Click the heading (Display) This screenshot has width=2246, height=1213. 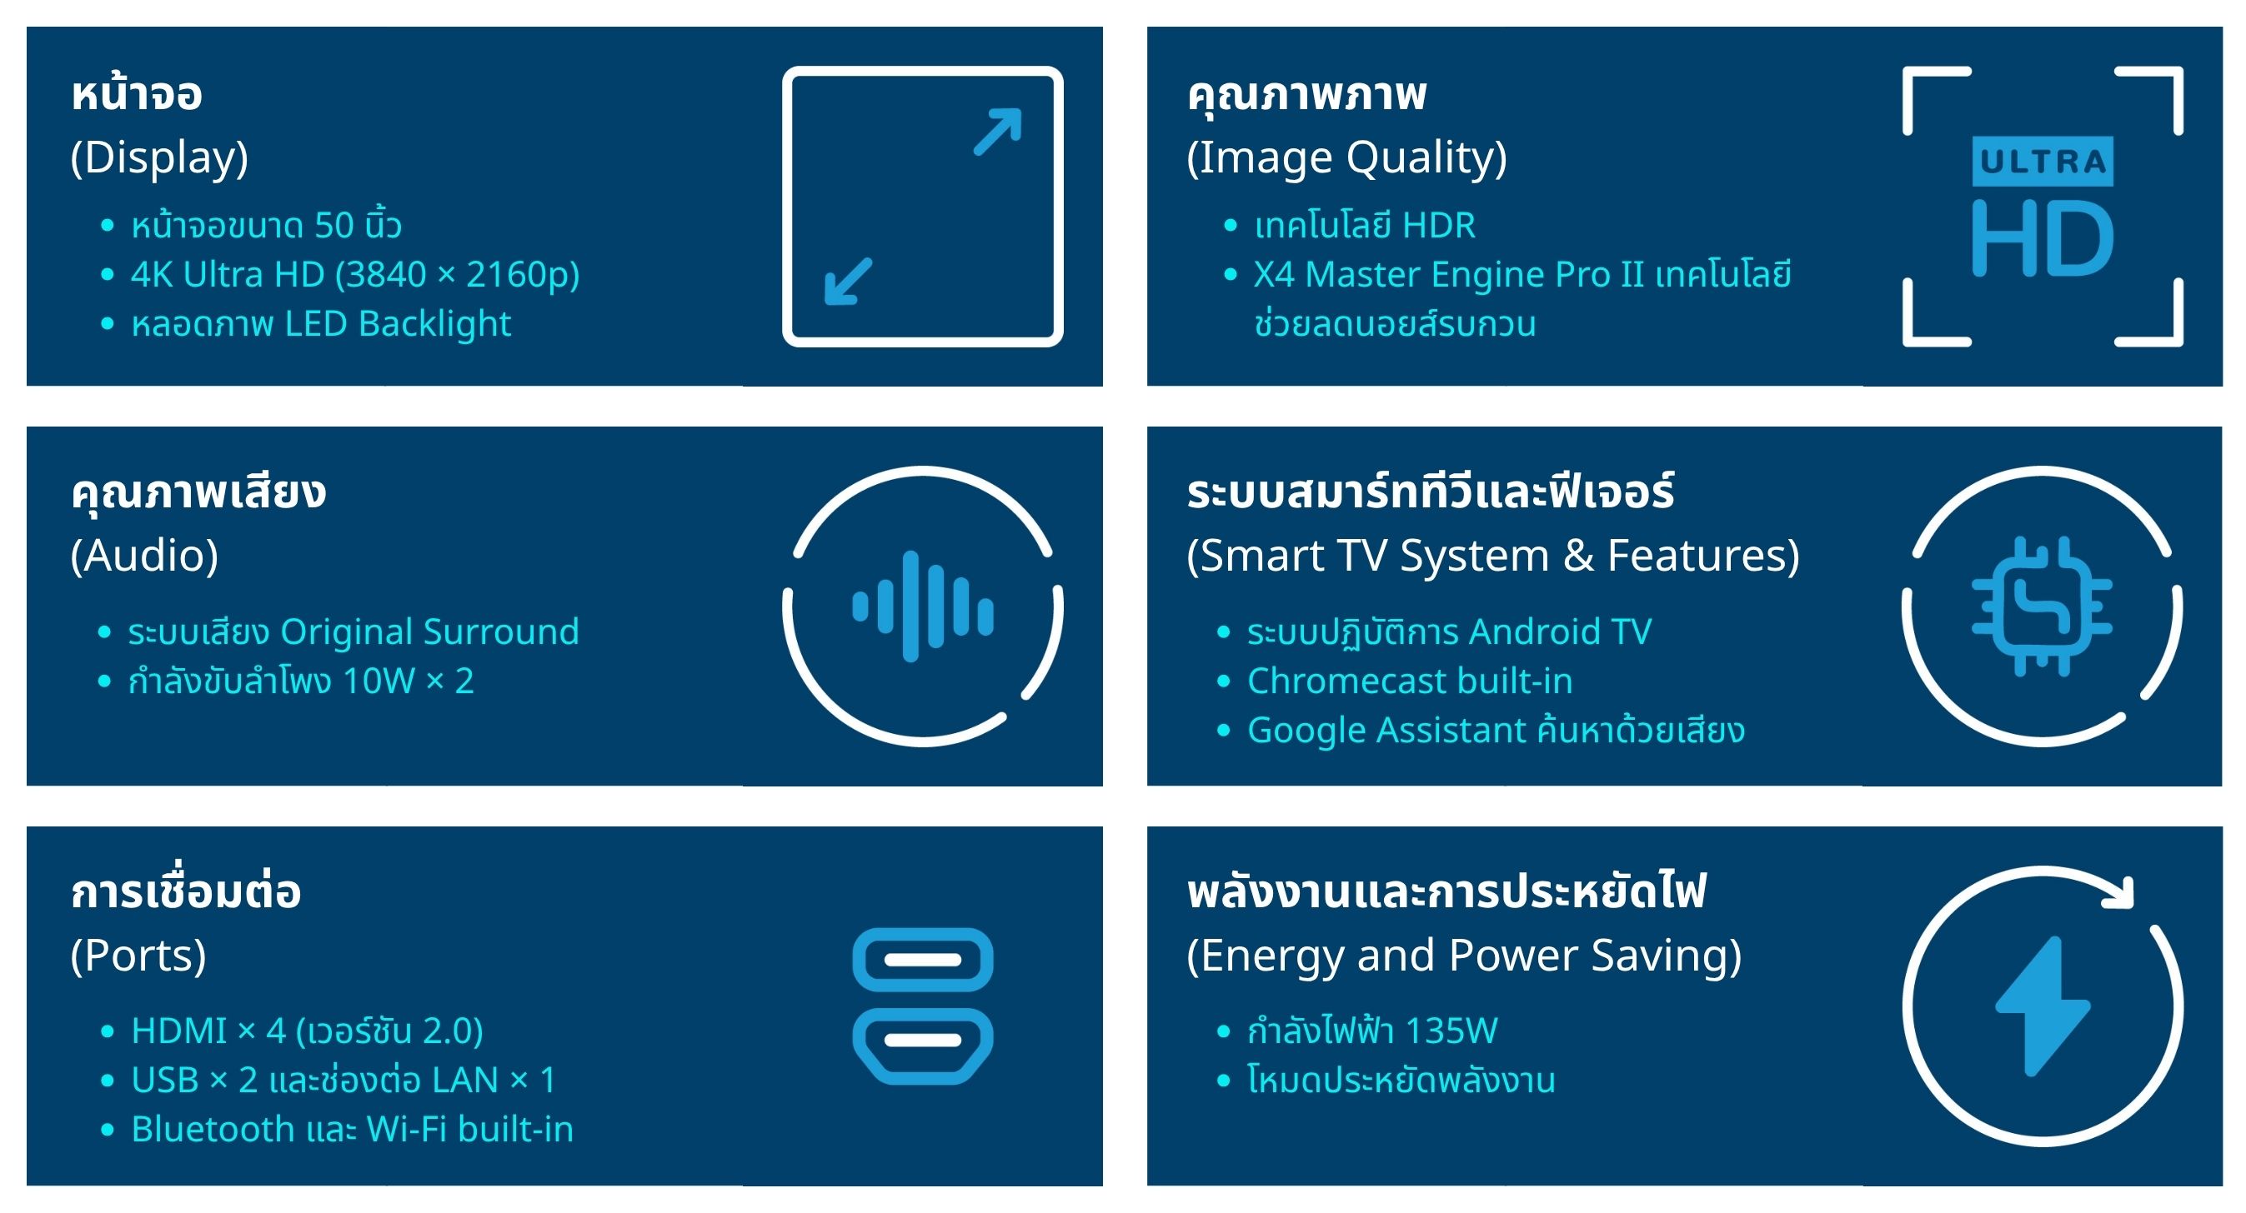point(159,157)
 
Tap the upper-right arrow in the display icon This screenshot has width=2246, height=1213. point(997,132)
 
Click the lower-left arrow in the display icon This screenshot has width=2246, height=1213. point(849,282)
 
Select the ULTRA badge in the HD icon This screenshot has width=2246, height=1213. point(2042,162)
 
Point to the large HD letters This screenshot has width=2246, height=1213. point(2042,238)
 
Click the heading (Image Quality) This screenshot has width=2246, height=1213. point(1347,157)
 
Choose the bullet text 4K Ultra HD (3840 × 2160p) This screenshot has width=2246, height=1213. point(355,274)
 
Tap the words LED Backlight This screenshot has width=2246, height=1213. point(398,324)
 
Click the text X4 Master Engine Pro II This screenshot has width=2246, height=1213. point(1448,274)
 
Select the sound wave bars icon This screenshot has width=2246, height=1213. point(922,606)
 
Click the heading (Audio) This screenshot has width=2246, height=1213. point(145,556)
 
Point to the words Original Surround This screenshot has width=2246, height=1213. point(430,631)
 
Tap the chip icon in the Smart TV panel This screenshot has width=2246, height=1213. point(2042,606)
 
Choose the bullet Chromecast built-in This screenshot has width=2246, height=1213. point(1410,681)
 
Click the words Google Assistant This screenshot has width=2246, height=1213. point(1386,731)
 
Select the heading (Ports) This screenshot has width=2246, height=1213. point(138,956)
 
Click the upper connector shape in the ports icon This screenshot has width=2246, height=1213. point(922,960)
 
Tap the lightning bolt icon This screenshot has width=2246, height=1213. point(2042,1006)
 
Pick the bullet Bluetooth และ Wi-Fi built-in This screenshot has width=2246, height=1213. point(353,1130)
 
